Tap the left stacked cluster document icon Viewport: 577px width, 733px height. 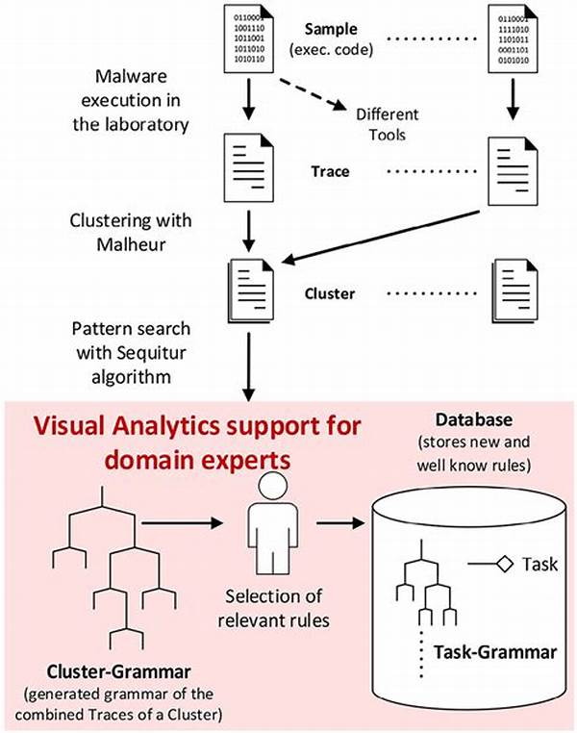[248, 291]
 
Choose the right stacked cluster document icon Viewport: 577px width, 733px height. [512, 291]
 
